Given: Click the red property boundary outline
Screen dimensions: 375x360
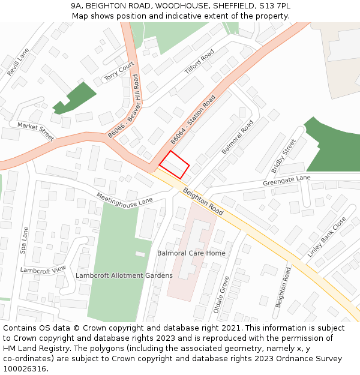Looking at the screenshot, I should click(174, 164).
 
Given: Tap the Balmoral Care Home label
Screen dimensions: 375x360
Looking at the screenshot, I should click(191, 253).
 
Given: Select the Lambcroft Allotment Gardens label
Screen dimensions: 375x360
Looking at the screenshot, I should click(124, 275).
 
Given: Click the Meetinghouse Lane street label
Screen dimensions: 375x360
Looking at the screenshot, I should click(125, 200).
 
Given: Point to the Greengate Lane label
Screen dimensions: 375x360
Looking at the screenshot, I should click(287, 180).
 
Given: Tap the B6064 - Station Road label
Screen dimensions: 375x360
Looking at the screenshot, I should click(193, 119).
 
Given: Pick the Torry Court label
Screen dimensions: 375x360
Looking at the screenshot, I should click(118, 71).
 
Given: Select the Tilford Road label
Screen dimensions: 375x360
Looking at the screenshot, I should click(199, 62).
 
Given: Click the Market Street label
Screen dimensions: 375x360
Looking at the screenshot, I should click(35, 131).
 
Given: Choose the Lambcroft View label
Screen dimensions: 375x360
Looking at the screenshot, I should click(43, 270).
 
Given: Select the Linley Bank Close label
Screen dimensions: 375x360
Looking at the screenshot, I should click(327, 237).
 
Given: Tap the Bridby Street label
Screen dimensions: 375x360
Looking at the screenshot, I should click(283, 155).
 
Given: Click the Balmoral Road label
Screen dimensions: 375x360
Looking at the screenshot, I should click(238, 137).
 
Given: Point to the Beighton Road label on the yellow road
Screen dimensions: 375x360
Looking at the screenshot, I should click(203, 201).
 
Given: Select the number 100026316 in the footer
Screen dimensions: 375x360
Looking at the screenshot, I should click(23, 368).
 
